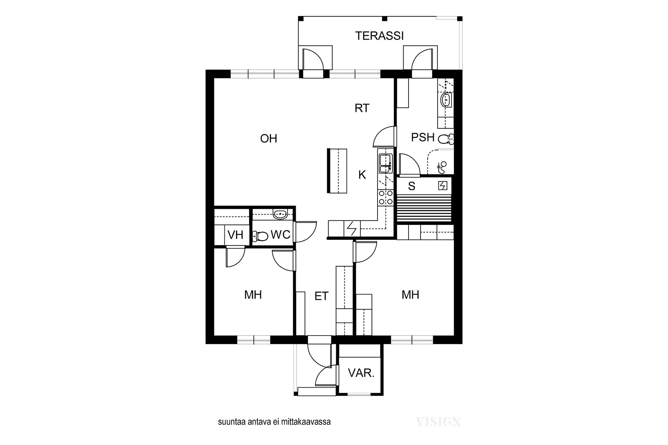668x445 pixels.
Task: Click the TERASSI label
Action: pos(379,36)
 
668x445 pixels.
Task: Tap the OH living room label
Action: pos(269,139)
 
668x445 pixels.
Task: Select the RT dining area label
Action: pos(362,108)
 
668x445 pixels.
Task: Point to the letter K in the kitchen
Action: pos(362,175)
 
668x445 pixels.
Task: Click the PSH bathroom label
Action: pos(423,137)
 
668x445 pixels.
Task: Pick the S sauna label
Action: pos(412,186)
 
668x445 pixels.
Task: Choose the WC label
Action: pos(280,235)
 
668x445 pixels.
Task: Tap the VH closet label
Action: pos(235,235)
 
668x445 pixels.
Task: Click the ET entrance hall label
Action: pos(321,296)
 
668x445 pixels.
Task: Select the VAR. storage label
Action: pos(361,373)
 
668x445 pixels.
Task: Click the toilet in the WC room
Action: pos(260,237)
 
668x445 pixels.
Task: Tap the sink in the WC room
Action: pos(280,214)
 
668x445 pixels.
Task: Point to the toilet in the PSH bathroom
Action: pos(446,139)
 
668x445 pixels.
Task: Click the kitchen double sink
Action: pos(386,164)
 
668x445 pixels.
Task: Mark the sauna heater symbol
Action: pos(443,186)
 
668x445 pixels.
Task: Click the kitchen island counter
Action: pos(337,171)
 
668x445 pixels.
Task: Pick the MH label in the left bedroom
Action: pos(253,295)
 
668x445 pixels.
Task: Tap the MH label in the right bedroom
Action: pos(410,295)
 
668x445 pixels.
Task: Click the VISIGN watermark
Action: pos(438,422)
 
